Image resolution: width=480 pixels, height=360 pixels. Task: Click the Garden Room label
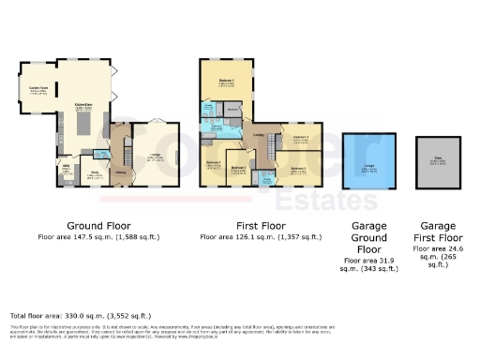[x=39, y=90]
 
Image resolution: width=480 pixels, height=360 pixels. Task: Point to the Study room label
[x=95, y=172]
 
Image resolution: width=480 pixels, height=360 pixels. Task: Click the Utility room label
[x=67, y=169]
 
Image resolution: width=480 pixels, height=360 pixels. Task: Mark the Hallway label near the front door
[x=121, y=171]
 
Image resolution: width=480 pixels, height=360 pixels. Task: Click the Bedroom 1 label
[x=227, y=82]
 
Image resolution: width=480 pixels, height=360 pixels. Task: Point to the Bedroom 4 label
[x=214, y=164]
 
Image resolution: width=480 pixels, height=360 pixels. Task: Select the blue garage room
[x=368, y=164]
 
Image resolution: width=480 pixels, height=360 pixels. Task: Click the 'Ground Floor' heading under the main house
[x=97, y=226]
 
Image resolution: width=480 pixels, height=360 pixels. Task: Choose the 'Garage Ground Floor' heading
[x=368, y=237]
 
